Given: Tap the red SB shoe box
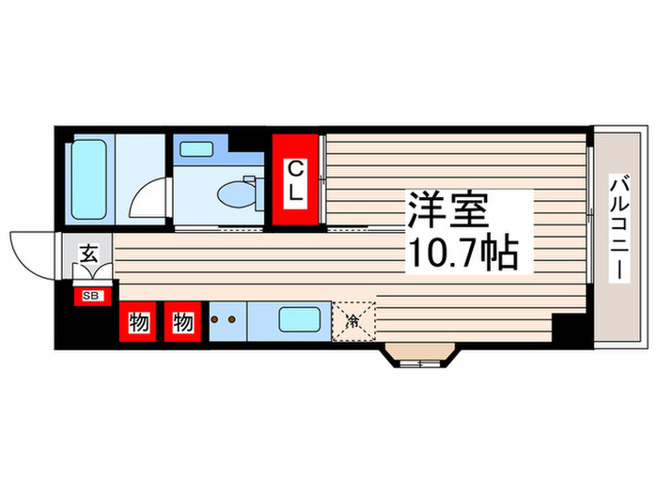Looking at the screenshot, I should tap(91, 296).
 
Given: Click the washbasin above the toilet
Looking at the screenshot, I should tap(196, 148).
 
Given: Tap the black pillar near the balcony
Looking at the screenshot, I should tap(568, 331).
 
